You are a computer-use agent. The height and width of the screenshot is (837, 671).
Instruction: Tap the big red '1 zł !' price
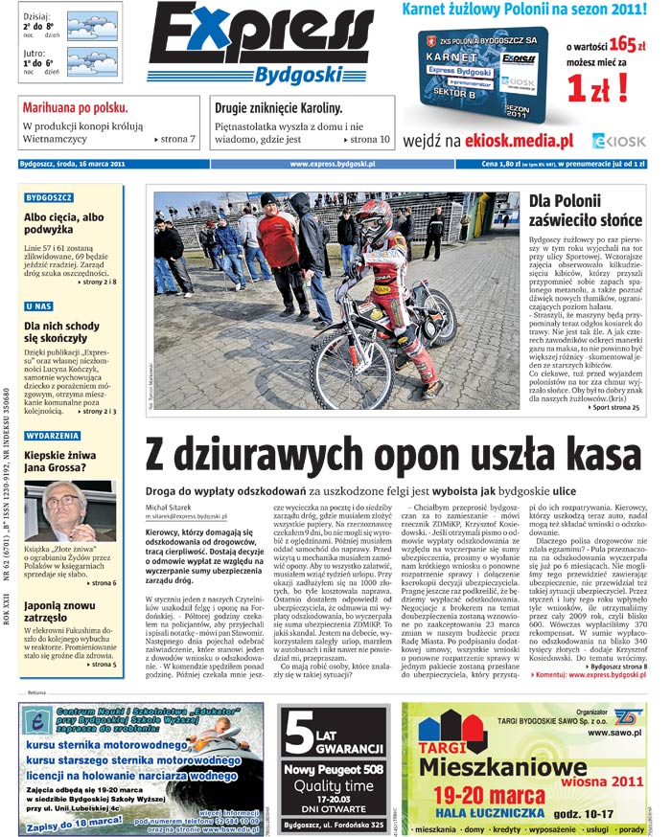click(x=596, y=88)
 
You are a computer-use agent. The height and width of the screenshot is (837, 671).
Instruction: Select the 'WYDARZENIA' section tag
click(x=52, y=436)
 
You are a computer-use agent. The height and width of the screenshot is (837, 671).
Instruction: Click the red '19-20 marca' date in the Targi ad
click(x=485, y=795)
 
